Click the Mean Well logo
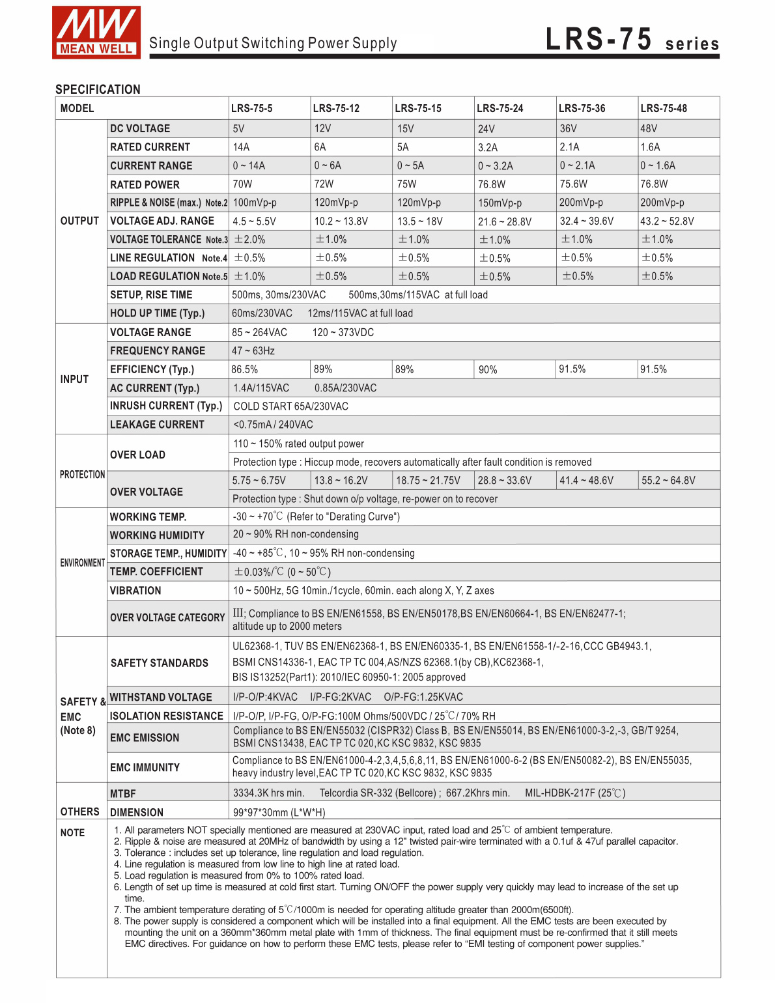[x=96, y=33]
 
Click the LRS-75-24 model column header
[x=500, y=108]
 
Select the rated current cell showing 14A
[x=242, y=147]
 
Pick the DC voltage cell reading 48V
[x=649, y=128]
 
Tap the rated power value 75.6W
[x=573, y=184]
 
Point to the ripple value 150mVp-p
[x=500, y=203]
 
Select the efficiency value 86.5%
[x=245, y=369]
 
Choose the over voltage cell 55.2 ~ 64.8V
[x=668, y=481]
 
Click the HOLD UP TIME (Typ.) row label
[x=158, y=313]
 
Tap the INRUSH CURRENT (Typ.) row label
[x=166, y=406]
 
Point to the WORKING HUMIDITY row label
[x=157, y=535]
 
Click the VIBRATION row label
[x=135, y=591]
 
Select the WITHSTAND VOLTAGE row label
[x=161, y=697]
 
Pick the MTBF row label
[x=123, y=794]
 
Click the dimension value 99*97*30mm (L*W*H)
[x=279, y=812]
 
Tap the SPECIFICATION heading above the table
[x=98, y=89]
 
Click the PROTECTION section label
[x=82, y=475]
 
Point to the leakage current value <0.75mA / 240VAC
[x=273, y=425]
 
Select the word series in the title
[x=692, y=44]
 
